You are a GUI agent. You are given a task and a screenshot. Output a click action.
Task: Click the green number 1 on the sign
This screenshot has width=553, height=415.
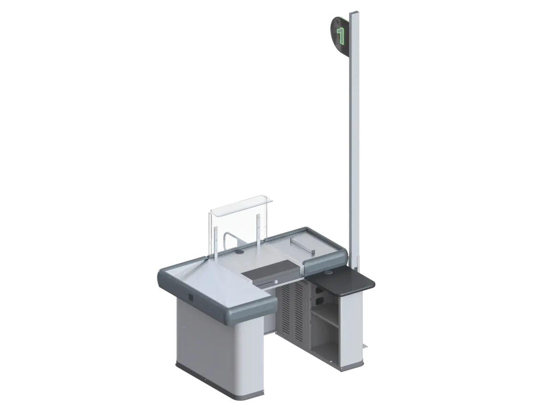tap(341, 36)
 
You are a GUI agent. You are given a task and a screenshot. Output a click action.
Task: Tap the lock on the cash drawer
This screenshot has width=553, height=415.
tap(276, 282)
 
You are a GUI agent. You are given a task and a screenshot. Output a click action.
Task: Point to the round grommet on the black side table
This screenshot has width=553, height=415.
tap(329, 273)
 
